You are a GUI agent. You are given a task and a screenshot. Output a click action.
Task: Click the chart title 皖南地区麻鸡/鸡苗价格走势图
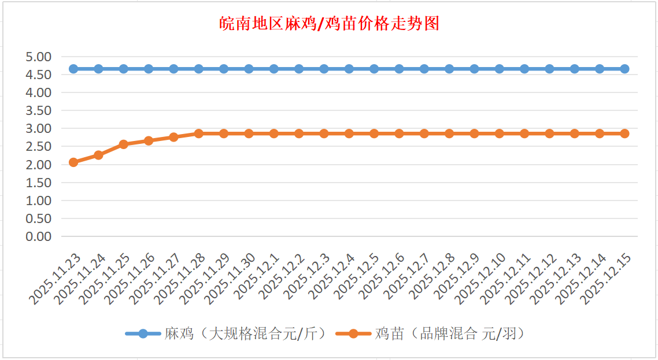coord(330,24)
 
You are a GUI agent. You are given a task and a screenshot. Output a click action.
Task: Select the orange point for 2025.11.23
coord(73,162)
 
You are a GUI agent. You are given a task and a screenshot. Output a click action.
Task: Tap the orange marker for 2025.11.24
coord(98,155)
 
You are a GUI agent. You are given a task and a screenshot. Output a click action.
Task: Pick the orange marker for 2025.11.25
coord(124,144)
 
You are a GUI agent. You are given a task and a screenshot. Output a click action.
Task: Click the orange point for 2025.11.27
coord(173,137)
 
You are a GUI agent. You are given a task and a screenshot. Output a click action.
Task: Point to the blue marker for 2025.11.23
coord(73,69)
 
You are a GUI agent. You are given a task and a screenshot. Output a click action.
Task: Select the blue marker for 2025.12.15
coord(624,69)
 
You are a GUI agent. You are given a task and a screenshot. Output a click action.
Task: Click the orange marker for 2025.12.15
coord(624,133)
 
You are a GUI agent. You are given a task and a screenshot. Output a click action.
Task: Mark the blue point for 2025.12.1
coord(274,69)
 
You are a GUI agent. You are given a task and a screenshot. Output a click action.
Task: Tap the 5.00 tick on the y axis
coord(39,57)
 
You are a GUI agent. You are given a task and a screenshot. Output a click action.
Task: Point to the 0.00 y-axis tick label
coord(39,236)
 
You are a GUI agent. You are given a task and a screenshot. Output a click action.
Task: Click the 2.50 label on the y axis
coord(39,146)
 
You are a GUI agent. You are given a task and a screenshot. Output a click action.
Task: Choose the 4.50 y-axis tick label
coord(39,75)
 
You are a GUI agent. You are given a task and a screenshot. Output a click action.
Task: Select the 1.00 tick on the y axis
coord(39,201)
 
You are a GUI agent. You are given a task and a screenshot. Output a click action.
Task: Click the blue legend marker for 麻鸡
coord(143,333)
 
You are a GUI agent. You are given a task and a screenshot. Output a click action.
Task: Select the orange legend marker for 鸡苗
coord(353,333)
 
